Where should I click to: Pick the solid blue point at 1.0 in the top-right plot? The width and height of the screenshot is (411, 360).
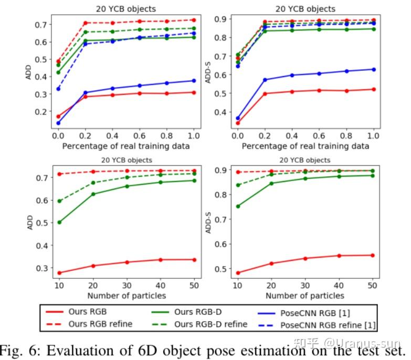(x=374, y=69)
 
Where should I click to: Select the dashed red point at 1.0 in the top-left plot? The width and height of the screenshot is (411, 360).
(x=194, y=20)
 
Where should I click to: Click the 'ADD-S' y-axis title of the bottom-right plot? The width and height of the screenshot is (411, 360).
(x=209, y=223)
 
